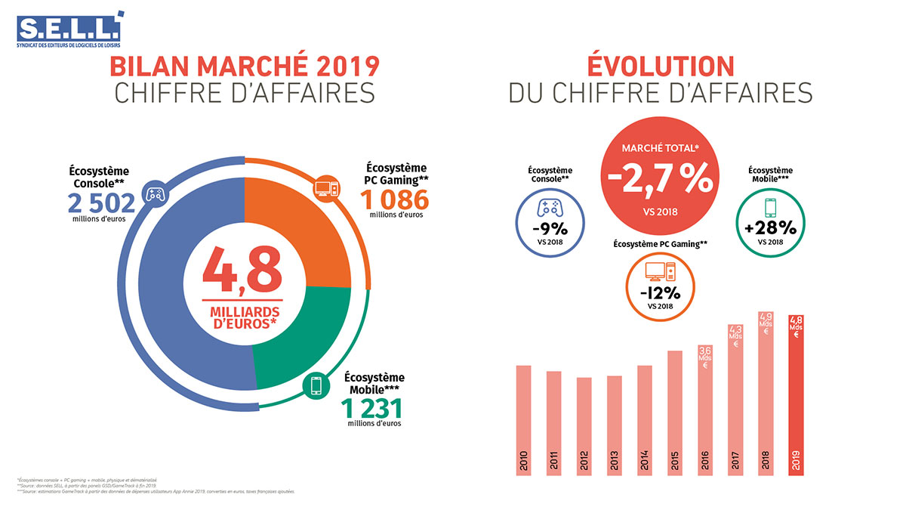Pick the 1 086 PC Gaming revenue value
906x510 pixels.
point(394,199)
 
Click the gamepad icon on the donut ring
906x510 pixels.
point(155,195)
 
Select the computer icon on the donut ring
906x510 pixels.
point(325,187)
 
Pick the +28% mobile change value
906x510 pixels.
point(770,228)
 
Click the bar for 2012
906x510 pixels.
point(584,427)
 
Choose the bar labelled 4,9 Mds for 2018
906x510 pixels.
point(766,393)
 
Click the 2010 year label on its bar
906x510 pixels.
point(524,460)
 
